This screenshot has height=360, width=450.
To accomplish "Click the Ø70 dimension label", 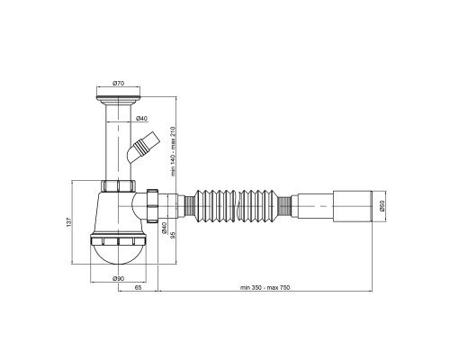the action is (x=118, y=84).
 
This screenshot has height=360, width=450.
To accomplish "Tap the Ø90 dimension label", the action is (x=118, y=278).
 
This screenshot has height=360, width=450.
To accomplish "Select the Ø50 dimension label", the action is (x=382, y=206).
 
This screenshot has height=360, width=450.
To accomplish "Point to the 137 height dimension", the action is (x=69, y=222).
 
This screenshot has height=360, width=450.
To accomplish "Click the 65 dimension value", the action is (x=138, y=287).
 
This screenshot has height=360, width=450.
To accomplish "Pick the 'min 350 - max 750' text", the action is (x=265, y=287).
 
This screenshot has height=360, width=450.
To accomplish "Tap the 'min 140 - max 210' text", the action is (x=173, y=151).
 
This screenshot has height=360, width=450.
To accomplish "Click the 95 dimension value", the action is (x=173, y=235).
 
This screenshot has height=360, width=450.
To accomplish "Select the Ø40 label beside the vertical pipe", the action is (x=141, y=119).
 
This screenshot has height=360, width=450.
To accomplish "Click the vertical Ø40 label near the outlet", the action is (x=164, y=228).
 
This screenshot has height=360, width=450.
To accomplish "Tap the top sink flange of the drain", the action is (x=118, y=98).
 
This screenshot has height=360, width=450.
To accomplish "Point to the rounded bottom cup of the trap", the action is (x=118, y=255).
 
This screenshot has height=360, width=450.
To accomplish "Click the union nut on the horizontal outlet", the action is (x=152, y=206).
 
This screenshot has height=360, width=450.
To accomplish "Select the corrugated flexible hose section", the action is (x=237, y=206).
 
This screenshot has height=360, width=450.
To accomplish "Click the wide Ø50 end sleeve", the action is (x=353, y=206).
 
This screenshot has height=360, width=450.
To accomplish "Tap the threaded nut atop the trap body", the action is (x=118, y=186).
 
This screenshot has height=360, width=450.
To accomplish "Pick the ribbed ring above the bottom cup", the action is (x=118, y=241).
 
